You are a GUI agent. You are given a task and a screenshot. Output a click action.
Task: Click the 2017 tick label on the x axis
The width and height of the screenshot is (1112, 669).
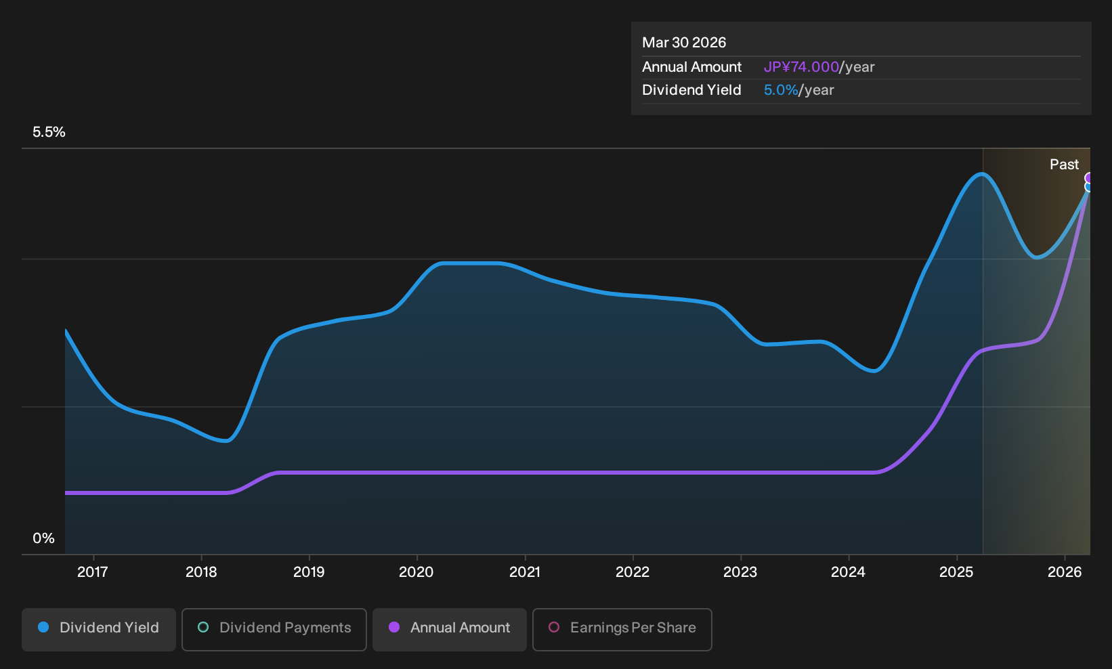coord(93,572)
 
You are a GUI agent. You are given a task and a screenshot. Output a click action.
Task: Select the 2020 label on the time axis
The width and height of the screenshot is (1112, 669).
coord(416,572)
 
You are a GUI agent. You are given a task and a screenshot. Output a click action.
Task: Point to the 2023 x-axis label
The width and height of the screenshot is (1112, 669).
coord(740,572)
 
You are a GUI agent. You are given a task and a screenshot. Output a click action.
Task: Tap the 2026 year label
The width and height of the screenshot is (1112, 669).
coord(1065,572)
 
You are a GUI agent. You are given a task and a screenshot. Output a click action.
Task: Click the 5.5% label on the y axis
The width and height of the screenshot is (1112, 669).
coord(49,132)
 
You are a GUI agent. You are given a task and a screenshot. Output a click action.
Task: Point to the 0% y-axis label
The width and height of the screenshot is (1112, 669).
coord(43,538)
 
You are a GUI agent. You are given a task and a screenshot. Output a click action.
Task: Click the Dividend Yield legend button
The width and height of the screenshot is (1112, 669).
coord(99,629)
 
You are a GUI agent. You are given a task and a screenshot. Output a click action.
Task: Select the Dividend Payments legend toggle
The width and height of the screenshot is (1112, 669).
coord(274,629)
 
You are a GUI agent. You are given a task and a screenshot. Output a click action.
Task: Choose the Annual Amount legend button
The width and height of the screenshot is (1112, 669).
coord(449,629)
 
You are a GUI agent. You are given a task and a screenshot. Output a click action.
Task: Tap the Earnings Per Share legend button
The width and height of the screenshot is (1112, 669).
coord(622,629)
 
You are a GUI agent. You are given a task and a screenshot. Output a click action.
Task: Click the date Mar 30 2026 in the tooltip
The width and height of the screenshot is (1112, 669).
coord(684,43)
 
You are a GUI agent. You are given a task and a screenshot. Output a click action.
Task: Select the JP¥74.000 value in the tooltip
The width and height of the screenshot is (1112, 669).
coord(801,67)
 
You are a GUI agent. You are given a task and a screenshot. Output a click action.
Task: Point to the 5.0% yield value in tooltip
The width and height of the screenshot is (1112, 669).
coord(781,90)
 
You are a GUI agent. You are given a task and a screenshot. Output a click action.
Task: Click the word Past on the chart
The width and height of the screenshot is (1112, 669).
coord(1064,165)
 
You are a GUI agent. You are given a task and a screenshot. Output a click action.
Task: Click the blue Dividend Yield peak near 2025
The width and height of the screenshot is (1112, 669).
coord(982,174)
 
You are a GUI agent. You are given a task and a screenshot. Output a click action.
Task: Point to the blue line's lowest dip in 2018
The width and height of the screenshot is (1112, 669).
coord(226,440)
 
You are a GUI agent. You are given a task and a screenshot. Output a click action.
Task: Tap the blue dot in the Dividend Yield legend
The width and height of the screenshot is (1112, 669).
coord(44,627)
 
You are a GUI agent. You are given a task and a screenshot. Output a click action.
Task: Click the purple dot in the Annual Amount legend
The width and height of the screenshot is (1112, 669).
coord(394,627)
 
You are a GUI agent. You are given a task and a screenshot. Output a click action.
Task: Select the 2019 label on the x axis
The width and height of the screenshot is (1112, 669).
coord(308,572)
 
